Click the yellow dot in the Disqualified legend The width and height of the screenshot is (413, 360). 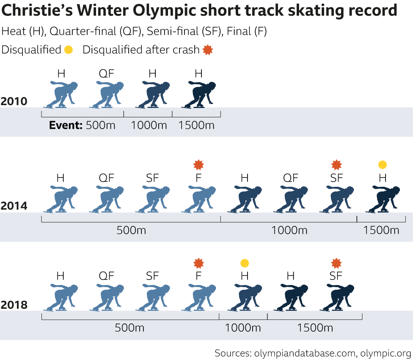click(69, 50)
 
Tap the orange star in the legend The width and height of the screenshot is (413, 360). click(207, 50)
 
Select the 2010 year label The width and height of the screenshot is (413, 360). click(14, 101)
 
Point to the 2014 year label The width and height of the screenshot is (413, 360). click(14, 206)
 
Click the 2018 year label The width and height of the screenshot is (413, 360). click(14, 305)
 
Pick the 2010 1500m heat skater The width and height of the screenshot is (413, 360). click(198, 95)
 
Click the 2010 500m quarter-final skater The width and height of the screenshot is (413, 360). click(106, 95)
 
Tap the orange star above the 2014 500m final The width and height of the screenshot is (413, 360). click(198, 165)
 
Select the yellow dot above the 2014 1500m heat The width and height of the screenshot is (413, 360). click(383, 165)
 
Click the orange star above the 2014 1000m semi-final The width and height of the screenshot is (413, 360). click(336, 165)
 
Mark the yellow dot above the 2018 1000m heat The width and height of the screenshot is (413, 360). click(245, 263)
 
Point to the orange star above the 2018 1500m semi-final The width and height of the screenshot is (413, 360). click(336, 263)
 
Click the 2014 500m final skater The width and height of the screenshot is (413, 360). click(198, 199)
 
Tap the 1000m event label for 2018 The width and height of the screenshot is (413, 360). click(243, 328)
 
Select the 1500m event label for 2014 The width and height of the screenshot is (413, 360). click(381, 230)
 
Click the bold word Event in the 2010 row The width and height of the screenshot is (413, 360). click(66, 125)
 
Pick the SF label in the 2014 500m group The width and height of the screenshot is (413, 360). click(152, 178)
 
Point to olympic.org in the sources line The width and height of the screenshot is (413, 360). click(385, 353)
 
